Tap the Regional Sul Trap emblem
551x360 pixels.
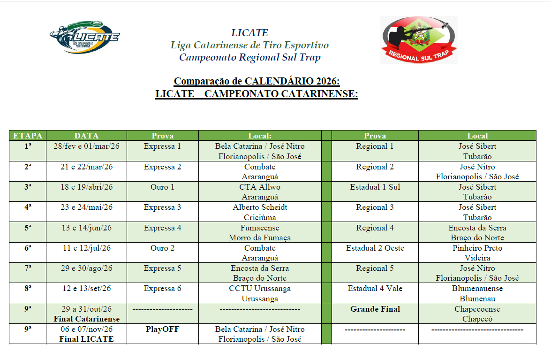pos(418,40)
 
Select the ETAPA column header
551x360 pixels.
pos(28,136)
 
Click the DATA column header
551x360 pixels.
pos(87,136)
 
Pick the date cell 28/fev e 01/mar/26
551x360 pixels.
pos(87,146)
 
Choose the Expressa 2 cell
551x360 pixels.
pos(162,167)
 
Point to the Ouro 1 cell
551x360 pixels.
pos(162,187)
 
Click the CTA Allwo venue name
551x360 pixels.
pos(260,187)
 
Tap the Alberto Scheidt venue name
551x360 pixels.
pos(260,207)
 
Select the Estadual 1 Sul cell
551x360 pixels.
pos(375,187)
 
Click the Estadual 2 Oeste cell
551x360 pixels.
pos(375,248)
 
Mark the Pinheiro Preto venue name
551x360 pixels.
pos(477,248)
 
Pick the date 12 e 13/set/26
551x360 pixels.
pos(87,288)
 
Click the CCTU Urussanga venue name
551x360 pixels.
pos(260,288)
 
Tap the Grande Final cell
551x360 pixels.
pos(375,309)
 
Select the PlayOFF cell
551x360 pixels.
pos(162,329)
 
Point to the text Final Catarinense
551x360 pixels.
pos(87,319)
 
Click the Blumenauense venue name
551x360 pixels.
pos(477,288)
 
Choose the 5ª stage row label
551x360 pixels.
pos(28,228)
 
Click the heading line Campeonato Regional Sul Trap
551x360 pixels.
pos(250,58)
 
